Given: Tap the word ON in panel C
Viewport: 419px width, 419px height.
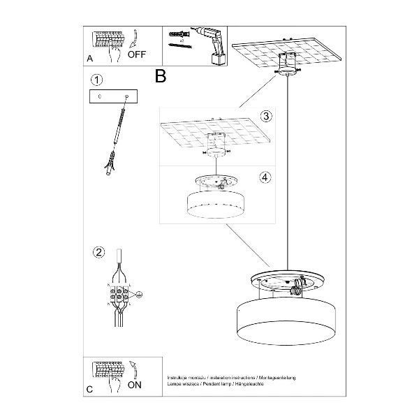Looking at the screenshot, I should (135, 385).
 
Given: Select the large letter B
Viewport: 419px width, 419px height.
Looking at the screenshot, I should (161, 75).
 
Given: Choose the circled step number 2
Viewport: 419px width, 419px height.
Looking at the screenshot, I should (98, 252).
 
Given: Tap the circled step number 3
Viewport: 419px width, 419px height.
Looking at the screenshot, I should (265, 116).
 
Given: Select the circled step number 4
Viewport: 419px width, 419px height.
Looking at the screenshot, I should (265, 177).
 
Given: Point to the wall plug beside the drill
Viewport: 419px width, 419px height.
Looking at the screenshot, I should (179, 34).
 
